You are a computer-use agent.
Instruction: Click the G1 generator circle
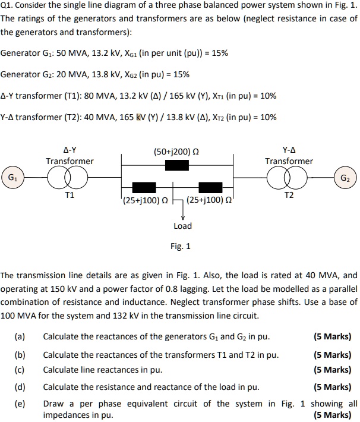click(x=12, y=177)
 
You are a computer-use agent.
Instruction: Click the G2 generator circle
click(x=345, y=177)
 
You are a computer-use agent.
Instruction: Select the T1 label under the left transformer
click(x=70, y=195)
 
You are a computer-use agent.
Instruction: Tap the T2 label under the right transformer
click(x=289, y=195)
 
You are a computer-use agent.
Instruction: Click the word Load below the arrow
click(x=182, y=226)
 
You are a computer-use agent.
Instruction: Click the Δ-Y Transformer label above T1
click(x=70, y=156)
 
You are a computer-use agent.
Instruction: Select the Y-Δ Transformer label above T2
click(x=289, y=156)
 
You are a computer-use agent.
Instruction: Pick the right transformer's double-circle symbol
click(x=289, y=177)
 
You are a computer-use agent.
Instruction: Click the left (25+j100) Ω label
click(x=144, y=200)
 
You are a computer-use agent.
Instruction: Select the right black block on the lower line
click(x=210, y=188)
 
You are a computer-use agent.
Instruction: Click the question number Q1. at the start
click(x=8, y=6)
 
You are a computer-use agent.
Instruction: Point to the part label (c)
click(x=20, y=370)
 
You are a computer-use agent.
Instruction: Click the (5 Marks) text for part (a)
click(x=332, y=337)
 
